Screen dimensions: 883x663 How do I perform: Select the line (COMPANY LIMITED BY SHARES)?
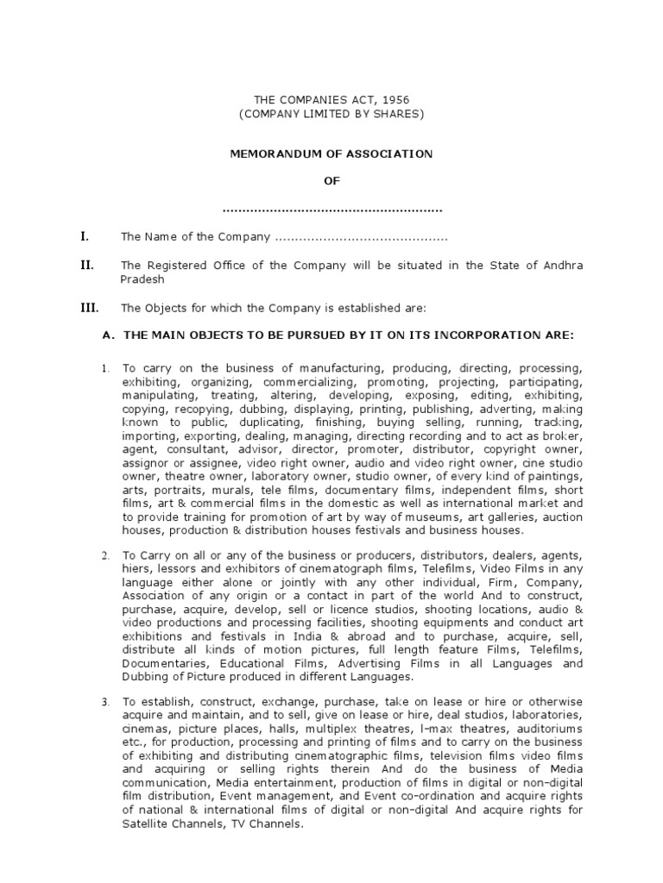coord(331,114)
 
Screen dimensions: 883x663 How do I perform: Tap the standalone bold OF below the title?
coord(331,181)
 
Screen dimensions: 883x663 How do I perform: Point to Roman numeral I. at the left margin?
coord(84,236)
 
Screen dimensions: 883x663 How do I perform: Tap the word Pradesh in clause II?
coord(142,279)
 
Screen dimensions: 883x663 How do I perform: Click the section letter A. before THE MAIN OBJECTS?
coord(109,335)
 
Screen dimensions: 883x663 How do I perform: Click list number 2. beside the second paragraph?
coord(104,555)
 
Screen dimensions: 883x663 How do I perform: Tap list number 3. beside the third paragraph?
coord(104,701)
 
